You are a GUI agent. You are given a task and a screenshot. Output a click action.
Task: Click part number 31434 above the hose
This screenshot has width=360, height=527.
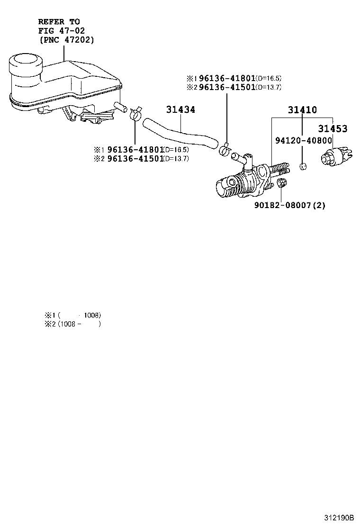[180, 110]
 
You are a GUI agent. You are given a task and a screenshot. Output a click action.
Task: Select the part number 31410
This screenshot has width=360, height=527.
[302, 110]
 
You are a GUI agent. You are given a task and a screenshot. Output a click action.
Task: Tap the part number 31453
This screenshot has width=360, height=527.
[333, 128]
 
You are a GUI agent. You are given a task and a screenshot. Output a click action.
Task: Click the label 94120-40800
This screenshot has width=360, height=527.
[304, 141]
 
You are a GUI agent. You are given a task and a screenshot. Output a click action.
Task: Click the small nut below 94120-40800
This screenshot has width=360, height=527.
[303, 167]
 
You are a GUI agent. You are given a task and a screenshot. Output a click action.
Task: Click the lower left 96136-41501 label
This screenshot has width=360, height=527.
[135, 158]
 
